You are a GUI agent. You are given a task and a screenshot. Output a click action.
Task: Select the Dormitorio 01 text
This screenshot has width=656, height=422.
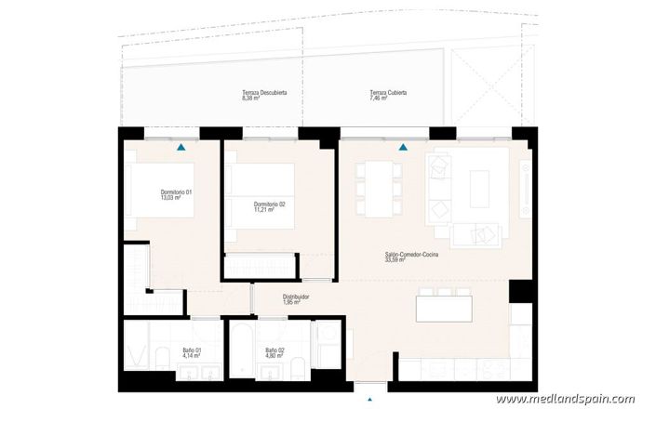coord(176,194)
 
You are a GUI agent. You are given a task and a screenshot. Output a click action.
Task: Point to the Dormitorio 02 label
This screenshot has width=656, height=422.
coord(269,206)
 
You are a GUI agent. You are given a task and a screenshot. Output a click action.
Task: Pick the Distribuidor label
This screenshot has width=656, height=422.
coord(296,299)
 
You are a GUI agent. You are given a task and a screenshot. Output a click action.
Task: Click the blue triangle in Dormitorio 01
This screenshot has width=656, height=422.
coord(181,147)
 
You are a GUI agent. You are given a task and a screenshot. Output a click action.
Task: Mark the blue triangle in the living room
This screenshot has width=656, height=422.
coord(403,147)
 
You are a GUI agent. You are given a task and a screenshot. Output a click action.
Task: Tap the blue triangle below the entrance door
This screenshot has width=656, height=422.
coord(370,402)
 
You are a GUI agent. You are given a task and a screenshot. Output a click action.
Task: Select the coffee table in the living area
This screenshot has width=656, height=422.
coord(480,189)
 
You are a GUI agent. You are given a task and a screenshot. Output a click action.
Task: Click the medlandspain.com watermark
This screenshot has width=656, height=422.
coord(566,400)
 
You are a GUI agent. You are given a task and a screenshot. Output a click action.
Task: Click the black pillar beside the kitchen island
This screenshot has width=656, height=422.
coord(518,290)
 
